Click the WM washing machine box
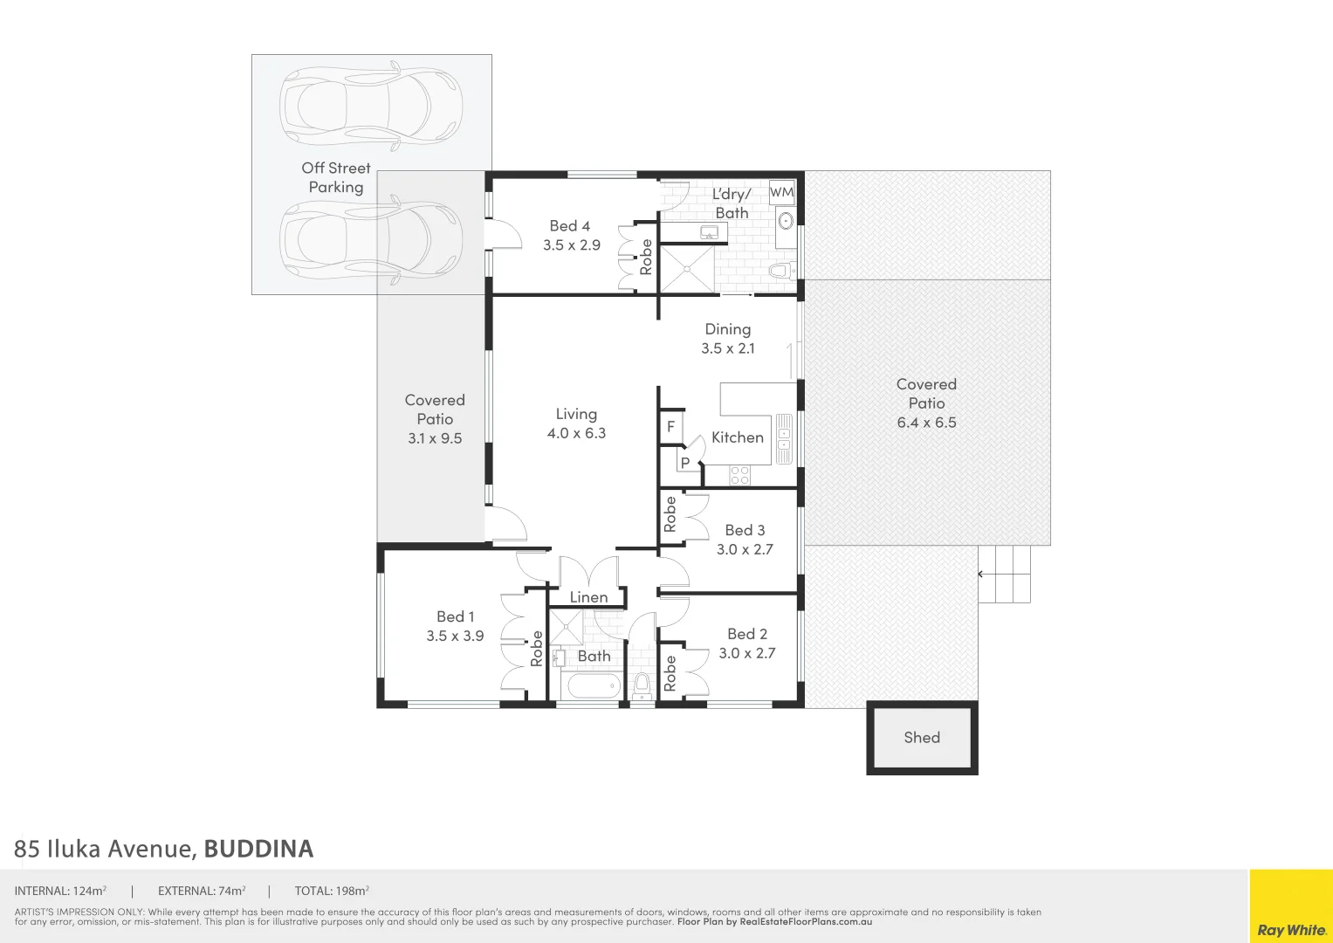pos(781,192)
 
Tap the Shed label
pos(922,738)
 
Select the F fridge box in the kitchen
pos(670,427)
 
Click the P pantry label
pos(685,463)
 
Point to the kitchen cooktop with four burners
pos(739,475)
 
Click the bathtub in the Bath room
pos(594,685)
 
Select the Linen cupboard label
pos(588,597)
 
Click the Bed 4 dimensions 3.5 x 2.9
pos(572,245)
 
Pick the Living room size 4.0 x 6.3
pos(576,433)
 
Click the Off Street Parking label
pos(336,177)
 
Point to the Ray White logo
pos(1291,929)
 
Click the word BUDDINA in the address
pos(258,849)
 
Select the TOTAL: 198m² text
pos(332,891)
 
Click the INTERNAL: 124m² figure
pos(60,891)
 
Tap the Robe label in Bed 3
pos(670,514)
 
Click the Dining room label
pos(728,329)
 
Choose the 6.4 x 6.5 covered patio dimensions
pos(926,423)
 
